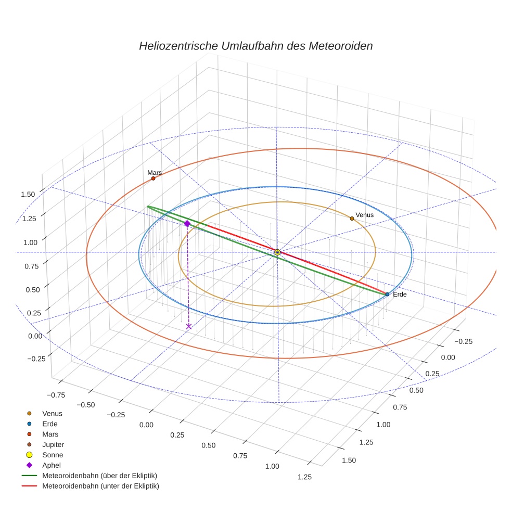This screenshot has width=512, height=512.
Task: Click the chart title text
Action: [255, 46]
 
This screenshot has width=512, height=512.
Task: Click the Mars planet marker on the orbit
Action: [153, 178]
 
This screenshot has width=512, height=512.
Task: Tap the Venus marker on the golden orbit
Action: [352, 219]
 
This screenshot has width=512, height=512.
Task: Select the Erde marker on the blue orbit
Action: [387, 295]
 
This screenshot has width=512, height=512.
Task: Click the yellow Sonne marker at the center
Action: [277, 252]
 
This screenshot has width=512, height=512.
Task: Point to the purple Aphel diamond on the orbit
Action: [187, 223]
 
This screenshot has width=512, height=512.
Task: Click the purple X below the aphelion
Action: [188, 326]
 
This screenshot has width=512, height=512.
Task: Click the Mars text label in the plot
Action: [155, 172]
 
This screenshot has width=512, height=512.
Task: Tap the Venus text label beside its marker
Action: [364, 215]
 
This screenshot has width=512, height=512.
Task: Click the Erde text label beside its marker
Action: [400, 295]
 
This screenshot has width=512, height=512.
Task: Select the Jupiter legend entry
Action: [53, 444]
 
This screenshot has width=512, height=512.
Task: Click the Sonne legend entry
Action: [53, 455]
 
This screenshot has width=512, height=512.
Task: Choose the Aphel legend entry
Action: [52, 465]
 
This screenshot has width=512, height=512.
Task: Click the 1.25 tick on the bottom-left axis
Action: [301, 477]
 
